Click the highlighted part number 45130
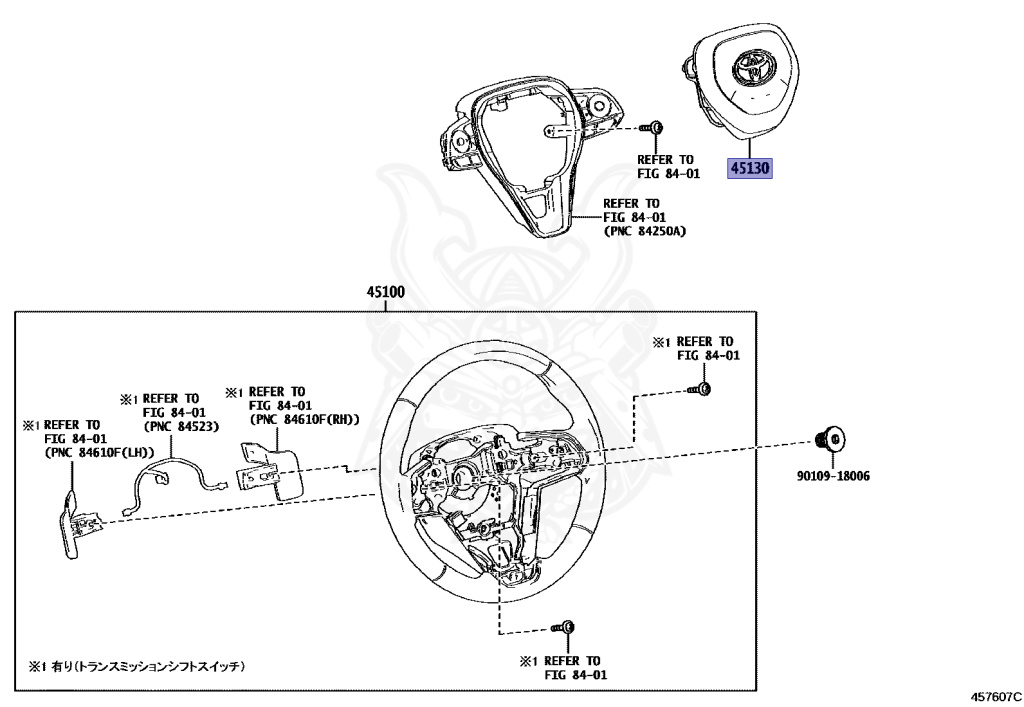point(750,169)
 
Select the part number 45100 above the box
point(385,293)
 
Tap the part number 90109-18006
point(833,476)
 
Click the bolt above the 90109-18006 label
point(828,439)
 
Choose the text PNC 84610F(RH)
point(305,419)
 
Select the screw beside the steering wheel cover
point(654,127)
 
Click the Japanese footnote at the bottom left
point(137,665)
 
